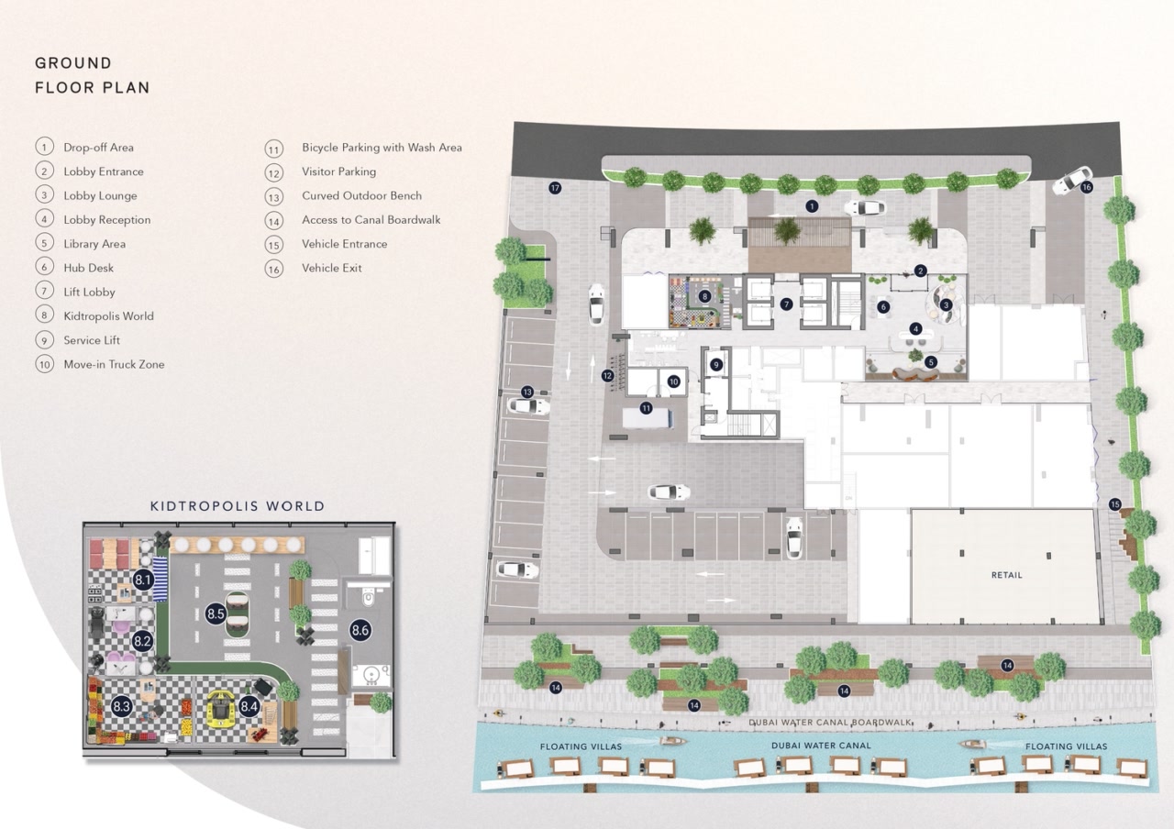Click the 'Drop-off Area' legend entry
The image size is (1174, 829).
coord(98,148)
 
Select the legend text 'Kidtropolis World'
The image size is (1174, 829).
coord(108,316)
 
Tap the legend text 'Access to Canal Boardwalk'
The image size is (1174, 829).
coord(371,220)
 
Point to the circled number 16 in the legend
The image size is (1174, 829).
coord(273,269)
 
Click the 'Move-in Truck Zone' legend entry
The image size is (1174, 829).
coord(114,365)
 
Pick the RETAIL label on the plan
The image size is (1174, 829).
coord(1006,575)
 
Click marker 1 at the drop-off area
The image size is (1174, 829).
coord(811,206)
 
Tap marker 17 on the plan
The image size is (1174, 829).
coord(554,188)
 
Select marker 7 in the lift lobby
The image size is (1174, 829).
coord(786,304)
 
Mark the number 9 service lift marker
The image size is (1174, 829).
coord(716,364)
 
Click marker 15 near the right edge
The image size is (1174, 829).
coord(1114,503)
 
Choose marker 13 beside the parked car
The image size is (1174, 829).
coord(526,392)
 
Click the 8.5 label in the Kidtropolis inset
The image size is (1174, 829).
coord(216,613)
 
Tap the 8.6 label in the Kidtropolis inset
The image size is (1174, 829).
coord(360,630)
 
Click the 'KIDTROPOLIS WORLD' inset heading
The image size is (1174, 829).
coord(238,506)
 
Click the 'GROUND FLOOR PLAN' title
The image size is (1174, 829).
coord(92,75)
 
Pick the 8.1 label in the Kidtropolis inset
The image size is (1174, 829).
coord(143,580)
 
